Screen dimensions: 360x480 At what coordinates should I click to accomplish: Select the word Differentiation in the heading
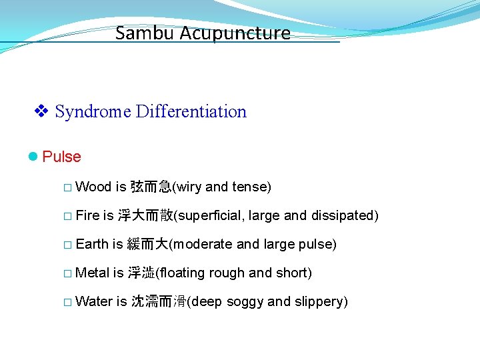[x=191, y=112]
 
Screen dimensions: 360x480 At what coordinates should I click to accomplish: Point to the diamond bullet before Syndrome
[x=41, y=111]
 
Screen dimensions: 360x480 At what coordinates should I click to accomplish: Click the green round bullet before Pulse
[x=33, y=157]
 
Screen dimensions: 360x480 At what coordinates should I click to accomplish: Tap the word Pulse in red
[x=61, y=157]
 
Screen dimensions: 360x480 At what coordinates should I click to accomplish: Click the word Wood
[x=93, y=187]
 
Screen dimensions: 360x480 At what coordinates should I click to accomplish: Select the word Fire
[x=87, y=215]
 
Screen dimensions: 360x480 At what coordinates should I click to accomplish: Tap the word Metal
[x=93, y=273]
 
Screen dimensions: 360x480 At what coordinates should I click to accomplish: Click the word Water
[x=94, y=301]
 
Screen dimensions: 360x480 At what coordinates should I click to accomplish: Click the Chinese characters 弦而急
[x=151, y=187]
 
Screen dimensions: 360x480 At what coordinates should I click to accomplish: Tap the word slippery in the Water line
[x=318, y=301]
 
